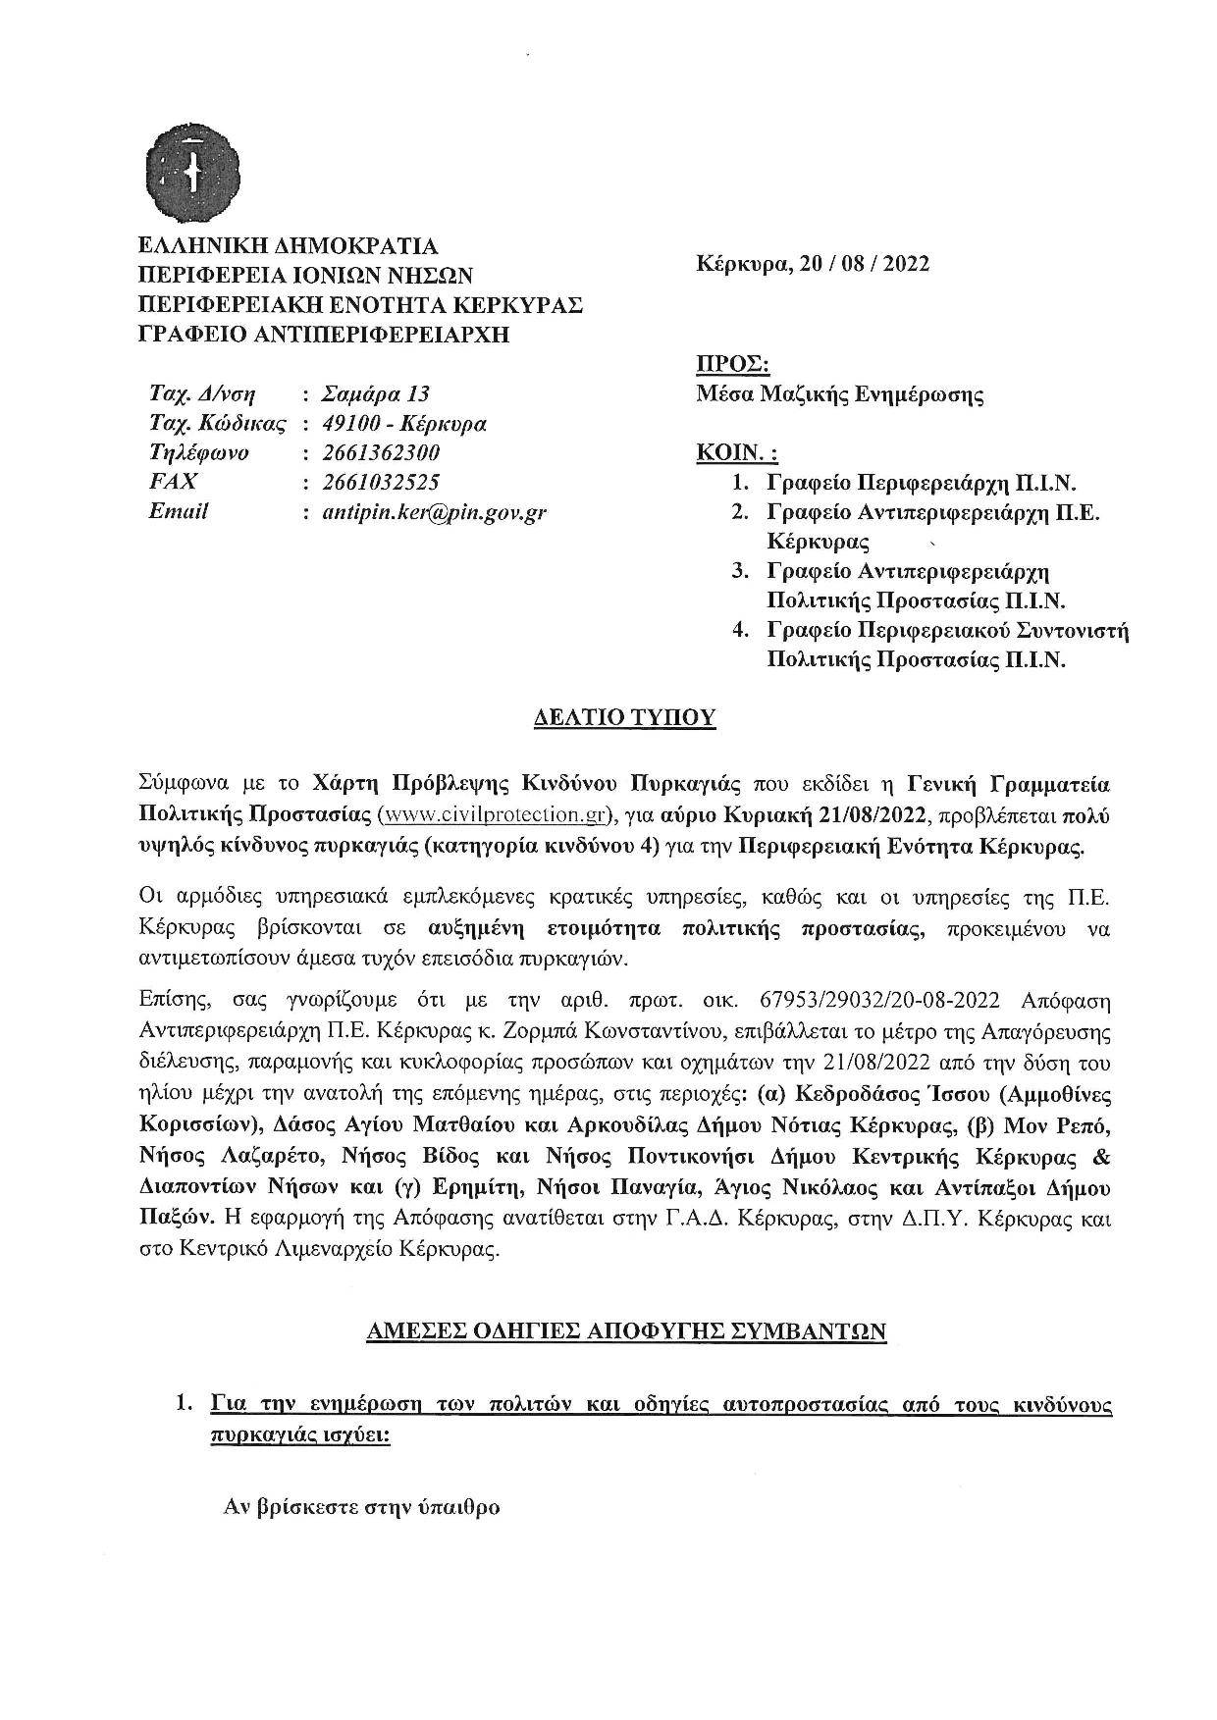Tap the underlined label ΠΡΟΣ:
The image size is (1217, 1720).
point(732,365)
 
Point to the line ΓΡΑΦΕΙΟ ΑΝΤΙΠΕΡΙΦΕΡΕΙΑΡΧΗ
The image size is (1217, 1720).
point(325,335)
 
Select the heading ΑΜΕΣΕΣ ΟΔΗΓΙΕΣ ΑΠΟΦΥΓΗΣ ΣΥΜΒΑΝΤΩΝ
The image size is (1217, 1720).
point(625,1331)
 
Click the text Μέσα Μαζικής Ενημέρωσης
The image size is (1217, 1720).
point(840,395)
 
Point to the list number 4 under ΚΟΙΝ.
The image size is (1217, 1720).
point(742,630)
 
